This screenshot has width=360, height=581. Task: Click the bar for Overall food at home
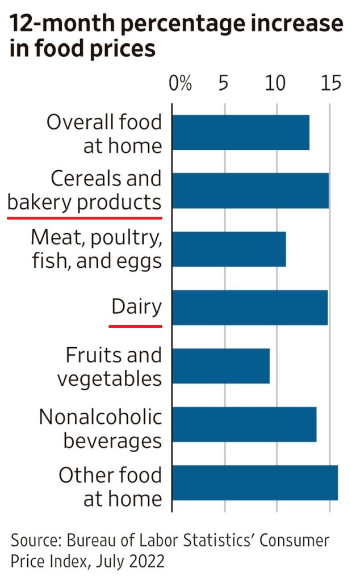pos(240,133)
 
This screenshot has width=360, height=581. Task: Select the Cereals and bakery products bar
pos(250,191)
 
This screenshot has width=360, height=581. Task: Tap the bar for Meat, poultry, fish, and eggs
pos(228,249)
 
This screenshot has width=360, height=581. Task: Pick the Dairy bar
pos(249,308)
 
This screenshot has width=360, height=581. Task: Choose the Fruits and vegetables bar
pos(220,366)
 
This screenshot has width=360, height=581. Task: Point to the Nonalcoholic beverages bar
pos(244,424)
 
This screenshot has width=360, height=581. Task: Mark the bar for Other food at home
pos(254,483)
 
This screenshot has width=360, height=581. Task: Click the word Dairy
pos(136,307)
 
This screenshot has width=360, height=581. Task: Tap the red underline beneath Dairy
pos(136,326)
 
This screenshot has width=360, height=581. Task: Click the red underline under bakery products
pos(85,217)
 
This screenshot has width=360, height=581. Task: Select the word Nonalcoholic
pos(101,418)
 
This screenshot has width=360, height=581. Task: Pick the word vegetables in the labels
pos(110,379)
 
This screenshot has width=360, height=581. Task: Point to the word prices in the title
pos(116,49)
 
